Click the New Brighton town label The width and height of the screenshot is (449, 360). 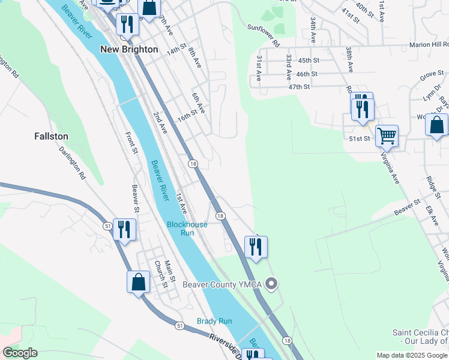pyautogui.click(x=129, y=49)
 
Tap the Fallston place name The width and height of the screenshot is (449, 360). pyautogui.click(x=51, y=136)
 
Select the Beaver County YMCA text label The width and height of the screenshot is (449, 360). pyautogui.click(x=223, y=284)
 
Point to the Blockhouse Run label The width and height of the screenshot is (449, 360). pyautogui.click(x=187, y=229)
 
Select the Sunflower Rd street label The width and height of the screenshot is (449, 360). pyautogui.click(x=264, y=35)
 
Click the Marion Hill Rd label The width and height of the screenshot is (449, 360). pyautogui.click(x=429, y=44)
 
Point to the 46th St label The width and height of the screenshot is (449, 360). pyautogui.click(x=306, y=74)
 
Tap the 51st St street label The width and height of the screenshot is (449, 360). pyautogui.click(x=360, y=139)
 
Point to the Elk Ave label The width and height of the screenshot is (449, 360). pyautogui.click(x=429, y=214)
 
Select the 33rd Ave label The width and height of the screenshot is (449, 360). pyautogui.click(x=289, y=67)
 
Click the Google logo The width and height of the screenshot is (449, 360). pyautogui.click(x=20, y=353)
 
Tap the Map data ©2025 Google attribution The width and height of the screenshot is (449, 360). pyautogui.click(x=411, y=355)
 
